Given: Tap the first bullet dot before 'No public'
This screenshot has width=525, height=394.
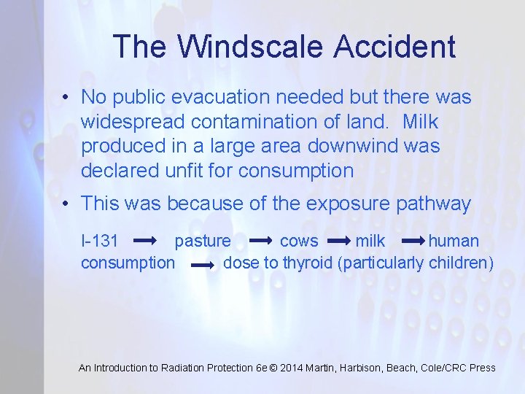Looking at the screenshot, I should coord(66,97).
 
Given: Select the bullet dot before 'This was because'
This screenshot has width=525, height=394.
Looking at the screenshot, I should coord(66,204).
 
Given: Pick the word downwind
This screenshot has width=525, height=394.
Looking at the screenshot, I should coord(350,146).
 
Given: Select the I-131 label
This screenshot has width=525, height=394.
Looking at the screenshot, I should coord(100,242).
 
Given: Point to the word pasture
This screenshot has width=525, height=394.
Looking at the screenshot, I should coord(203,242).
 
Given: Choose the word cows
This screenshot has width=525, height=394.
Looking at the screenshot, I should coord(299,242).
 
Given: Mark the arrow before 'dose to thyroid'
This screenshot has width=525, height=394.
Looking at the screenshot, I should coord(202,264).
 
